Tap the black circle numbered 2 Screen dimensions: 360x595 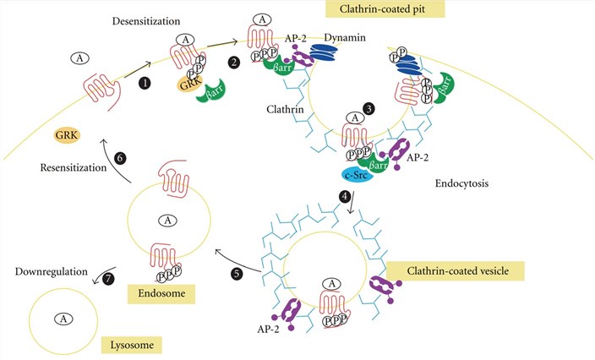tap(232, 63)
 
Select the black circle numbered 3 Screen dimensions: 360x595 tap(368, 109)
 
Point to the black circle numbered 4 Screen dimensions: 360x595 tap(345, 198)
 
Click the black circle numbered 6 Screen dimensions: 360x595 tap(119, 158)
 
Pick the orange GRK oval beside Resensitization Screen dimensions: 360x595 tap(67, 134)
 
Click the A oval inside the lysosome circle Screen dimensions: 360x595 tap(60, 319)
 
